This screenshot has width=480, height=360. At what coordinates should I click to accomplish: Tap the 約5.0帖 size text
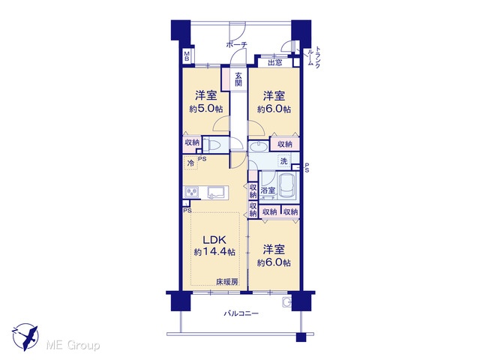click(205, 109)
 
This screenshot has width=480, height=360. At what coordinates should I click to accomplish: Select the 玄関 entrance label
click(238, 79)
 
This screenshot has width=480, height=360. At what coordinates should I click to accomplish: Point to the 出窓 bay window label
click(275, 63)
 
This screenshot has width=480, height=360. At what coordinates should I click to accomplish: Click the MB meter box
click(187, 57)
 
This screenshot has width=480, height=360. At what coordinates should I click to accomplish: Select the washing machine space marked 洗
click(283, 160)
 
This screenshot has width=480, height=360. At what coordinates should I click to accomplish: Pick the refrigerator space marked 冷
click(190, 163)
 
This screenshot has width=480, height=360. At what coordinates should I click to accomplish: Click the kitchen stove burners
click(191, 193)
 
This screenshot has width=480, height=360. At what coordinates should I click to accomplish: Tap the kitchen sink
click(217, 193)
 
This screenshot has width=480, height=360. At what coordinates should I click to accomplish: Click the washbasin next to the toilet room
click(258, 147)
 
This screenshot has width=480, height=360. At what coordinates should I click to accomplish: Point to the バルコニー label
click(241, 313)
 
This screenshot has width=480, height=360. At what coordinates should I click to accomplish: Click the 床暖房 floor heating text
click(226, 282)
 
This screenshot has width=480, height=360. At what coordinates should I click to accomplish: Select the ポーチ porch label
click(237, 45)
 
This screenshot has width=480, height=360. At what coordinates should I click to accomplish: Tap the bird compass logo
click(25, 337)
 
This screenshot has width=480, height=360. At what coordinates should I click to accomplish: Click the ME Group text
click(73, 346)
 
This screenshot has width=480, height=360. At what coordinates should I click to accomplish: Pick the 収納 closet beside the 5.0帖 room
click(192, 142)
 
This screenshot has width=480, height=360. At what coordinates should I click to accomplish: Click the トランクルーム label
click(314, 57)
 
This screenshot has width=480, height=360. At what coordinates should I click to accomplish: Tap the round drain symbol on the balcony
click(286, 301)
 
